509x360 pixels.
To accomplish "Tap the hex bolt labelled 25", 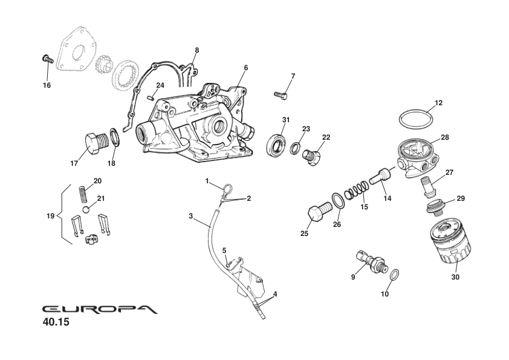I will tap(317, 213).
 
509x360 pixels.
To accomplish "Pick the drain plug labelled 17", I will tap(95, 145).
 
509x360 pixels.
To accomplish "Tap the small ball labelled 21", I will tap(87, 209).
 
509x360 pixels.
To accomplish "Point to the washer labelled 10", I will tap(393, 275).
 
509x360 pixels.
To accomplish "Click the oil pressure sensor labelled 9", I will tap(369, 262).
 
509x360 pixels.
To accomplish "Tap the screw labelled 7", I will tap(281, 95).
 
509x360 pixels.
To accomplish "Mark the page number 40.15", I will tap(56, 322).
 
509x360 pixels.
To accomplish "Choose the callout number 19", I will tap(51, 216).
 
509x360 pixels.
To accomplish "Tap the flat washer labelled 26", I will tap(339, 203).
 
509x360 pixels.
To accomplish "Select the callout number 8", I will tap(196, 50).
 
